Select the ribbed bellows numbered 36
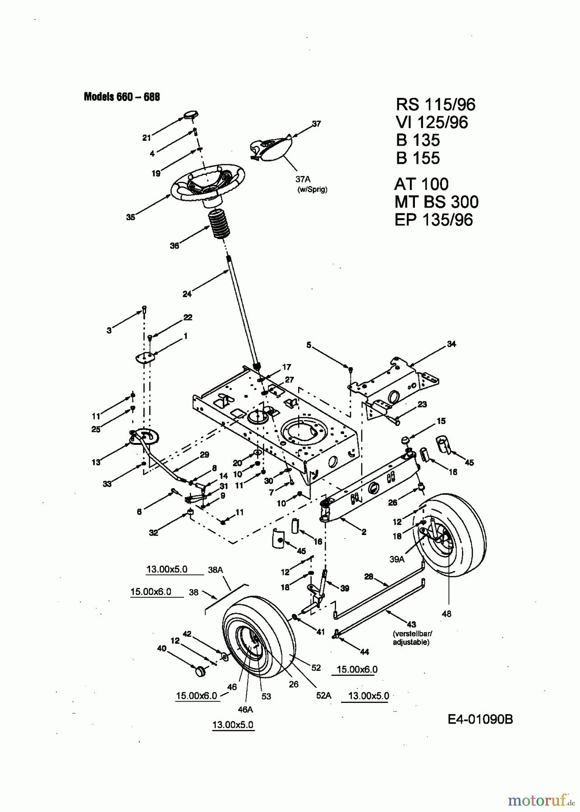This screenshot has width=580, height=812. coord(221,224)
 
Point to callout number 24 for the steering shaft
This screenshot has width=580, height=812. coord(187,294)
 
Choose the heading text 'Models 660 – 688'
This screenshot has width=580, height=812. coord(122,97)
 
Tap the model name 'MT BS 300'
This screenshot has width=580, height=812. coord(436,202)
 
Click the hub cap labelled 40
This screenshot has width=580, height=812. coord(199,671)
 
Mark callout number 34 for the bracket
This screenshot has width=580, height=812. coord(451,344)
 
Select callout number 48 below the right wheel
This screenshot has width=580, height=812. coord(447,614)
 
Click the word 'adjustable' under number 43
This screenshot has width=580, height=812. coord(411,642)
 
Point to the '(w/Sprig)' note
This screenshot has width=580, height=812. coord(312,189)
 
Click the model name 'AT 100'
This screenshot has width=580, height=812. coord(421,184)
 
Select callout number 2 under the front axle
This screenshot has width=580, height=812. coord(364,532)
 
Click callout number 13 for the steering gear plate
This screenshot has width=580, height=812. coord(96,462)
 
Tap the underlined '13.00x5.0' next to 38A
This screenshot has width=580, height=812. coord(166,569)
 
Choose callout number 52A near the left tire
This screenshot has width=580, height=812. coord(323,696)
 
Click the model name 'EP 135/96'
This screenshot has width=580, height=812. coord(433,220)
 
